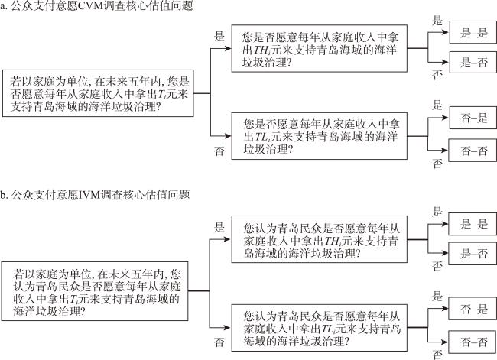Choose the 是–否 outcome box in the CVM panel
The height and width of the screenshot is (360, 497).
coord(473,63)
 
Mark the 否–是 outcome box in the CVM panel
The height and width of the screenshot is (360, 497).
coord(473,118)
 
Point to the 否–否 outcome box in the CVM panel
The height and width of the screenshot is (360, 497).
coord(473,150)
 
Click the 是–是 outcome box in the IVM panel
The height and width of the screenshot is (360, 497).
coord(473,224)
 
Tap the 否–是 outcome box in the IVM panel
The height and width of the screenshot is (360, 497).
coord(473,309)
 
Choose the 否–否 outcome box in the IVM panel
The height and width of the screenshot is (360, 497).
coord(473,340)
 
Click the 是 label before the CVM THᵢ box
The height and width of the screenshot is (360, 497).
coord(219,36)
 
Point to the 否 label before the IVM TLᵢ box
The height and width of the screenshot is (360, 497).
coord(219,342)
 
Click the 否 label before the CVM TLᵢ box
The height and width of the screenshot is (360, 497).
coord(219,152)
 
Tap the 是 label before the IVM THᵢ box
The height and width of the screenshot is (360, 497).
coord(219,228)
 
